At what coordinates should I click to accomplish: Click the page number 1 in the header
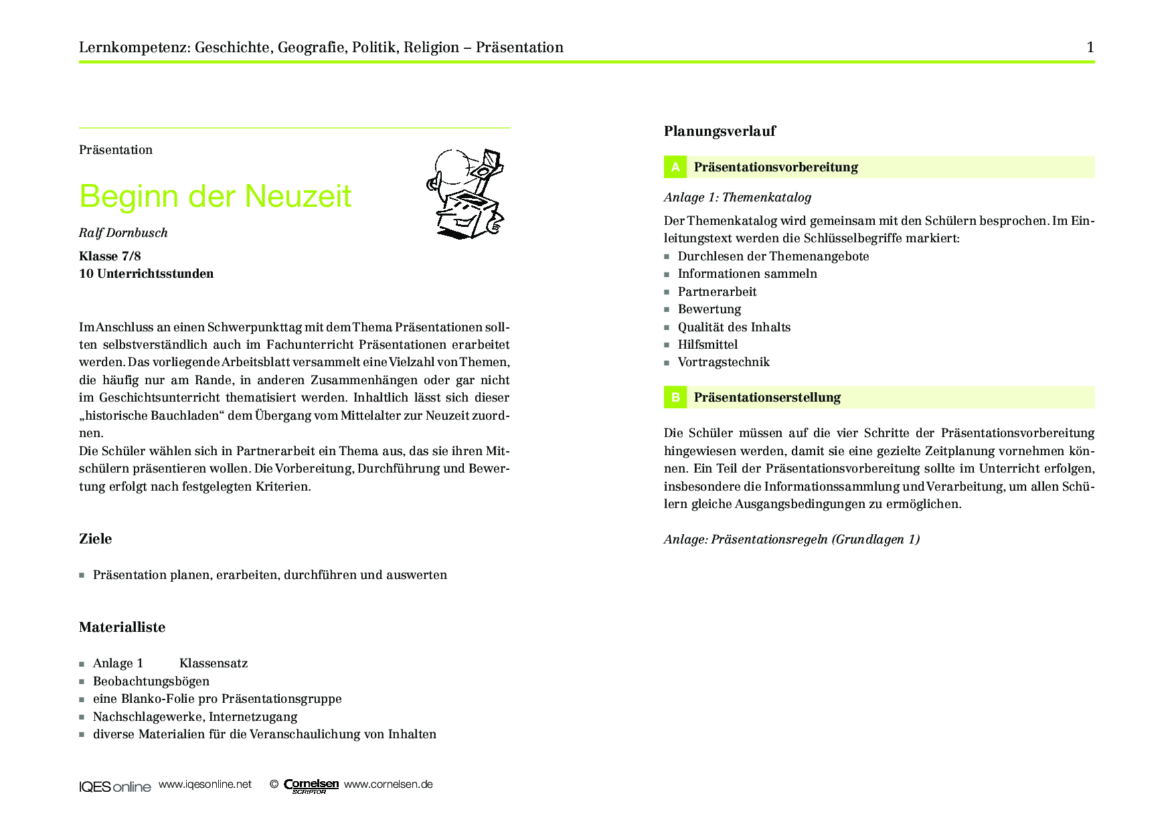coord(1090,48)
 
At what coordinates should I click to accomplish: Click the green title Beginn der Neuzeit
coord(215,197)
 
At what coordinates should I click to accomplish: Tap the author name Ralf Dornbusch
coord(123,233)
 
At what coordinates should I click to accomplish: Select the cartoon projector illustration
coord(465,193)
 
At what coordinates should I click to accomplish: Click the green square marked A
coord(675,167)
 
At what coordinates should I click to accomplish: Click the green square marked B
coord(675,398)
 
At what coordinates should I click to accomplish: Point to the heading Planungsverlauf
coord(720,131)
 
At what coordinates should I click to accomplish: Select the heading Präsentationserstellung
coord(767,398)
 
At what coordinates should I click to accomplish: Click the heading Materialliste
coord(122,627)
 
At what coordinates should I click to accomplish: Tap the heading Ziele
coord(95,539)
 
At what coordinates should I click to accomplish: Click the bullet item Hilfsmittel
coord(707,345)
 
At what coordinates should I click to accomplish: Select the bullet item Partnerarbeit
coord(717,292)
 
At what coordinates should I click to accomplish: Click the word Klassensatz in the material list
coord(214,663)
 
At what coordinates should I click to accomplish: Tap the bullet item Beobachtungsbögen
coord(151,681)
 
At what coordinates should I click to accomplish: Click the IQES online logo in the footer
coord(115,786)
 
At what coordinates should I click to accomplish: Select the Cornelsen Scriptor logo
coord(311,786)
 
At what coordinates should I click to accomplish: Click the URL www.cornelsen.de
coord(388,784)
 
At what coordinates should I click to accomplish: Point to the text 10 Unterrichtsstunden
coord(147,274)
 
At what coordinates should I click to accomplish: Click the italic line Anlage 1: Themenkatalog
coord(738,197)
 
